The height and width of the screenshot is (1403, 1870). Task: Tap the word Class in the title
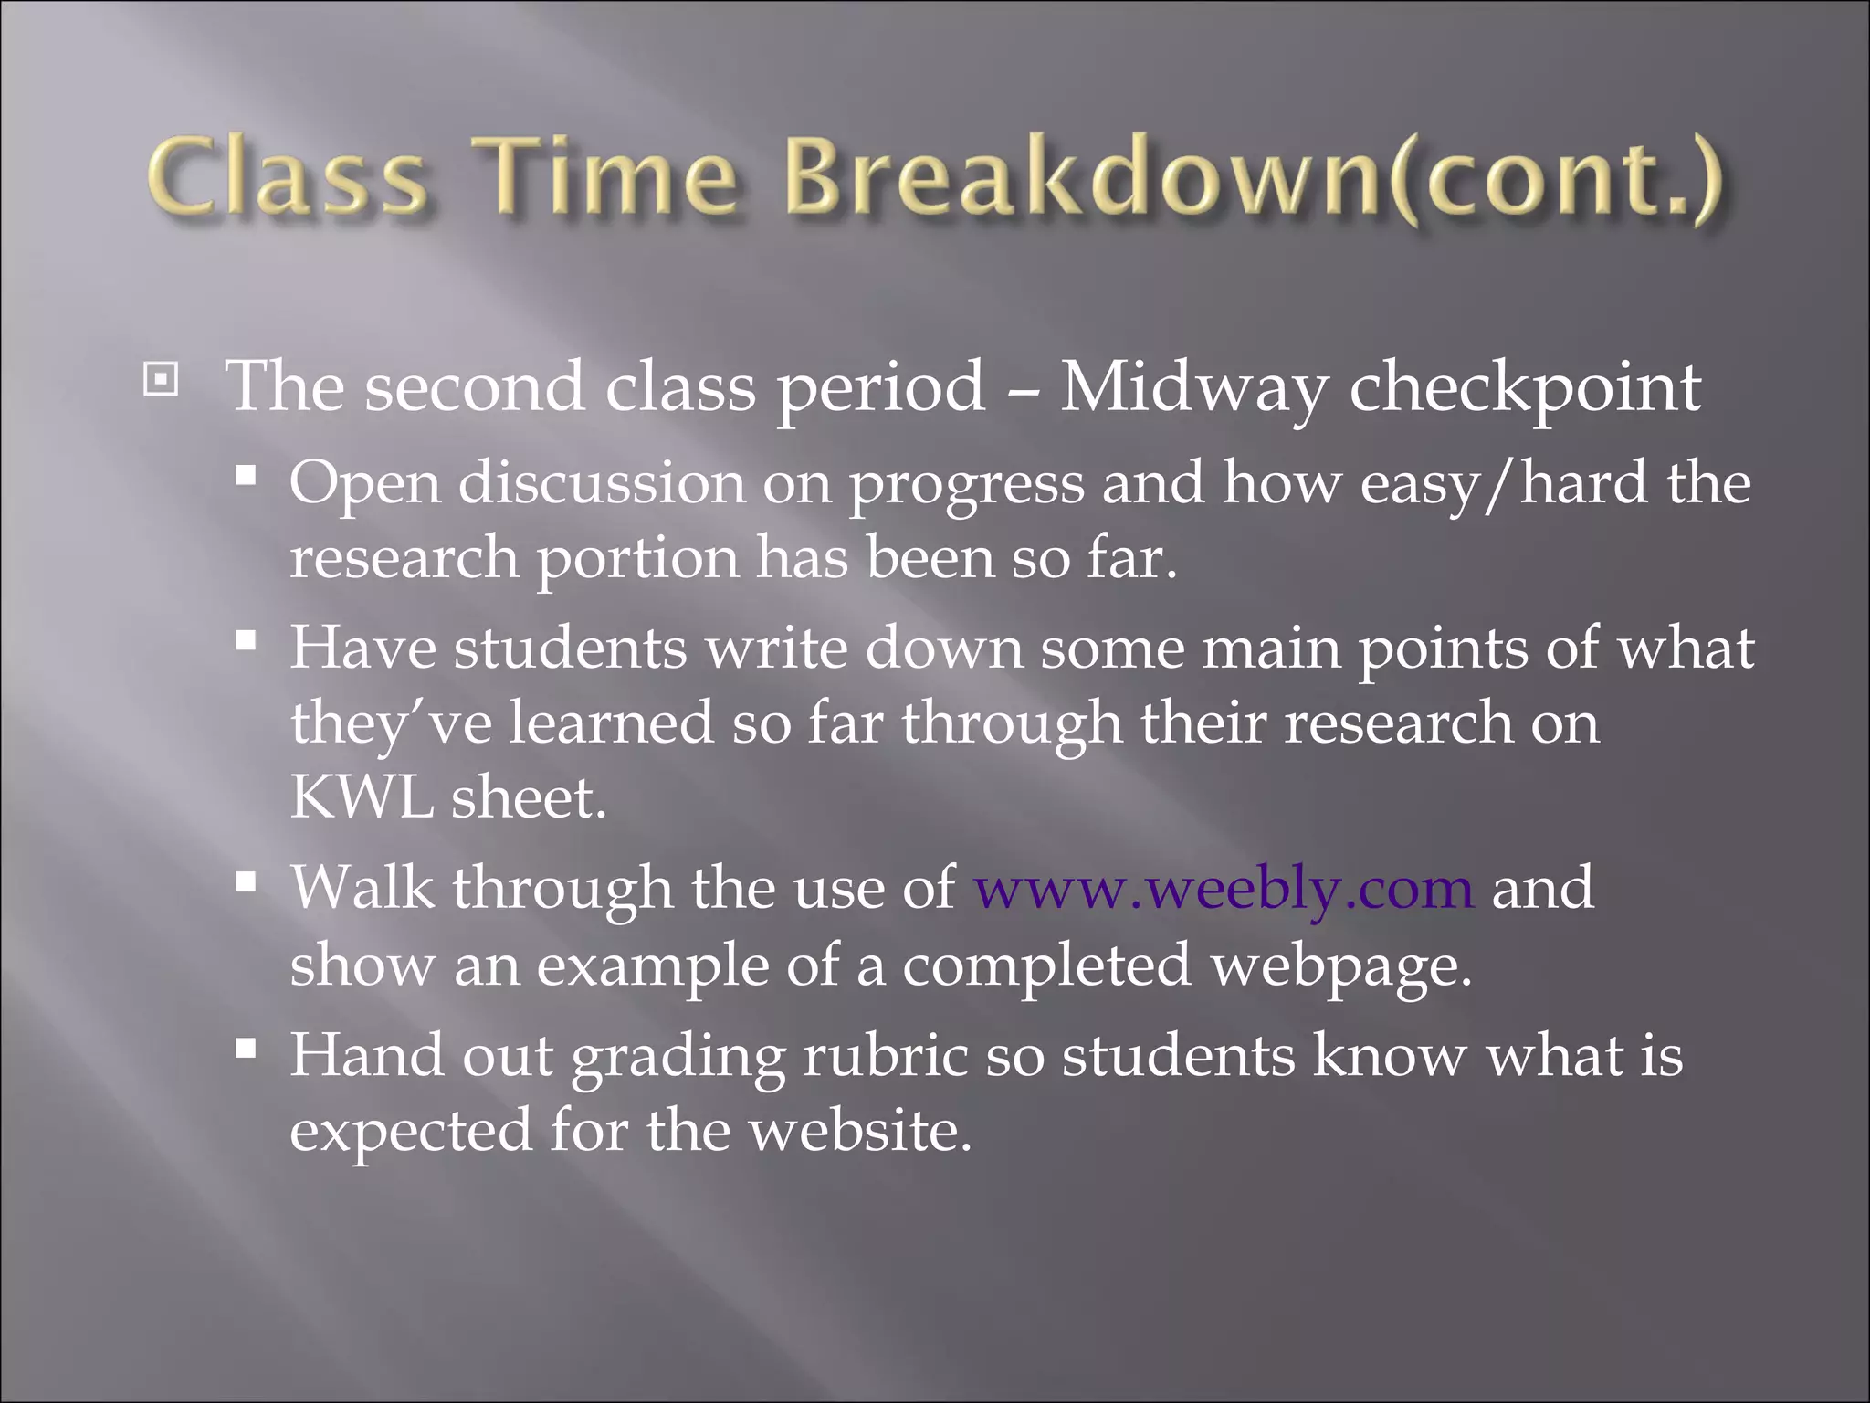pos(287,178)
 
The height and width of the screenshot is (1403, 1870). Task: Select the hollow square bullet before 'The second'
pos(162,379)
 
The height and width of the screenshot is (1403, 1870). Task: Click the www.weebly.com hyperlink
pos(1224,888)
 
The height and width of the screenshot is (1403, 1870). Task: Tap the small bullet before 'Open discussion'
pos(245,475)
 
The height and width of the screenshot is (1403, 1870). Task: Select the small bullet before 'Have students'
pos(245,640)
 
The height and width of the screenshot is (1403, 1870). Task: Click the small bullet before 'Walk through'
pos(245,881)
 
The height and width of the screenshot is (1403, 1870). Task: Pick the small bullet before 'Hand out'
pos(245,1048)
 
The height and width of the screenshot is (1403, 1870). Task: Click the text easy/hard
pos(1504,484)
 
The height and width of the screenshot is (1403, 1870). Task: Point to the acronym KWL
pos(362,797)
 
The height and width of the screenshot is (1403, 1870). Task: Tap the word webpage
pos(1341,966)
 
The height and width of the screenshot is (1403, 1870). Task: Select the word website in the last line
pos(860,1131)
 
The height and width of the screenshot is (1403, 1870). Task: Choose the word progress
pos(966,484)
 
